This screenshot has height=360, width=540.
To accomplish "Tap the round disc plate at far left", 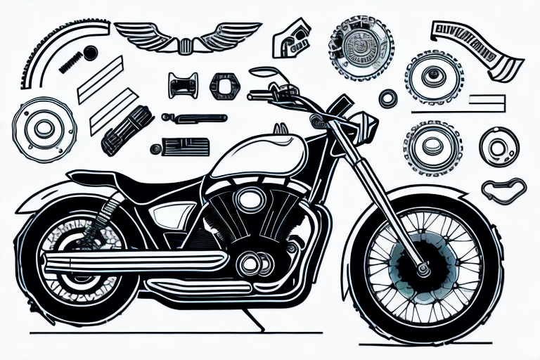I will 44,127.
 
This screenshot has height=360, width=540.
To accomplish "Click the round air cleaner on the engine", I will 247,199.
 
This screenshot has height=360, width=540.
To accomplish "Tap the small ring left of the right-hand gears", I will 387,99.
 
